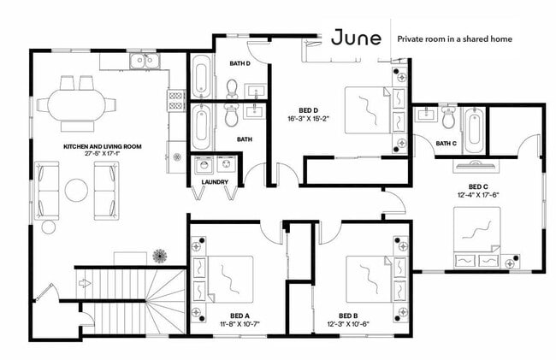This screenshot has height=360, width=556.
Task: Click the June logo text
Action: click(356, 38)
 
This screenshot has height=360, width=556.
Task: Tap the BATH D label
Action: click(240, 63)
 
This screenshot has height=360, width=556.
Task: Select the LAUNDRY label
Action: click(215, 182)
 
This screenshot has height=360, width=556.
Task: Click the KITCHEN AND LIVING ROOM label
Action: click(103, 146)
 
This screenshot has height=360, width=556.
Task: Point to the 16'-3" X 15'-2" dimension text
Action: click(308, 119)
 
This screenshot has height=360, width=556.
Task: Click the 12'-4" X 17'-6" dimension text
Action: click(478, 194)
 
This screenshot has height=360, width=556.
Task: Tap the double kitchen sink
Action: click(145, 61)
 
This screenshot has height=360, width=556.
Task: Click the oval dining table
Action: click(77, 105)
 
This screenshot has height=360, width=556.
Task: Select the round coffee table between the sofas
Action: click(76, 190)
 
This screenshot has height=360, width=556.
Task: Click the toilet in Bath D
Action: click(232, 89)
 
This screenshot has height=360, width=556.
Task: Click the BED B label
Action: click(348, 316)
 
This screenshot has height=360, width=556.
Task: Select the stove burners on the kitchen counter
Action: click(176, 100)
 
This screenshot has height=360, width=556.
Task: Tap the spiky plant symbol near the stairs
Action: click(160, 256)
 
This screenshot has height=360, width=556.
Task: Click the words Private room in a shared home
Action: click(454, 39)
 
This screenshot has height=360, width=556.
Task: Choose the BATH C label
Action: click(446, 144)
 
